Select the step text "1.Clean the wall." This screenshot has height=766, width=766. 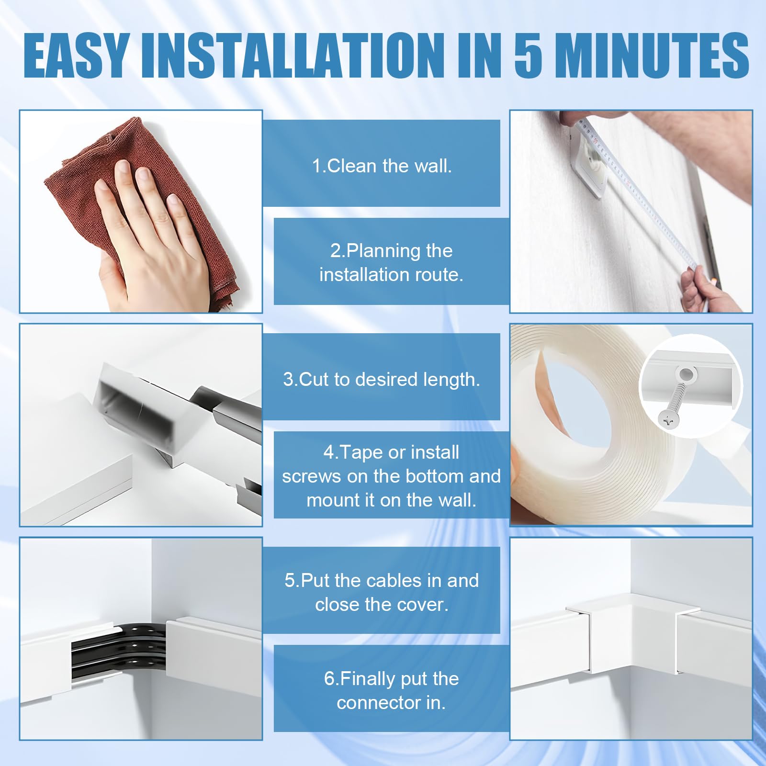382,166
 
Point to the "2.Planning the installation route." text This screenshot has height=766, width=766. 391,262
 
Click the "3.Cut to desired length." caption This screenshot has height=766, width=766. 382,379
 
